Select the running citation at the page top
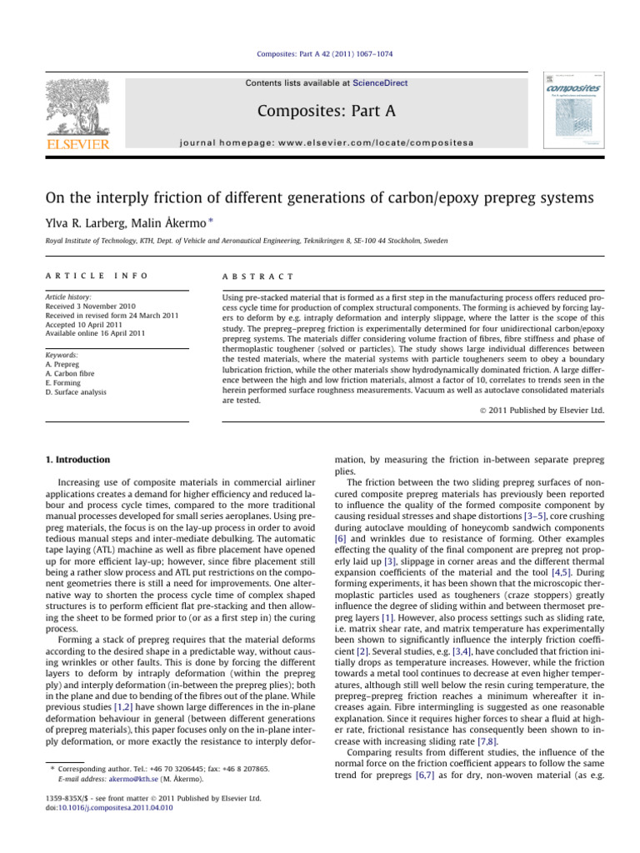coord(320,54)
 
